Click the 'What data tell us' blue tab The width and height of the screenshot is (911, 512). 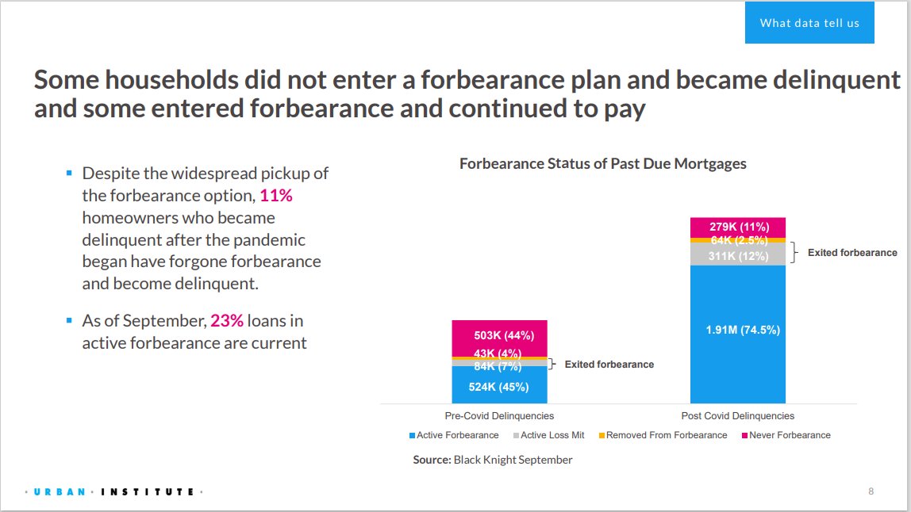pos(809,23)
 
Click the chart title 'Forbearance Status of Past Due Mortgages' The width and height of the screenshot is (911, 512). pos(603,164)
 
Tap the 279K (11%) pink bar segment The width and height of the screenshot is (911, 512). pos(737,227)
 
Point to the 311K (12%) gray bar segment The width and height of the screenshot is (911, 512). pos(737,255)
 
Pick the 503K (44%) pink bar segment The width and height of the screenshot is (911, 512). pos(499,336)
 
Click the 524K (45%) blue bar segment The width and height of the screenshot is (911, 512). pos(499,388)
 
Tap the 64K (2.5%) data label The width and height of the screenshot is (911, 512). pos(737,240)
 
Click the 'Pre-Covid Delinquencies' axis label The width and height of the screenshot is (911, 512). pos(499,416)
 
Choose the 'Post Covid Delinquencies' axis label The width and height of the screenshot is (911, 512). pos(737,416)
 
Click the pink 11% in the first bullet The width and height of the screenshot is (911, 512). pos(276,195)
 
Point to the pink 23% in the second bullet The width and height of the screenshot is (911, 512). pos(227,322)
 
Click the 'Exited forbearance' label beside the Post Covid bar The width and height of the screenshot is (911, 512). pos(852,253)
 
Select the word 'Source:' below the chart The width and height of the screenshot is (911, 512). pos(432,460)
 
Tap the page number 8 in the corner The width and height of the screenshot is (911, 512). pos(871,491)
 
